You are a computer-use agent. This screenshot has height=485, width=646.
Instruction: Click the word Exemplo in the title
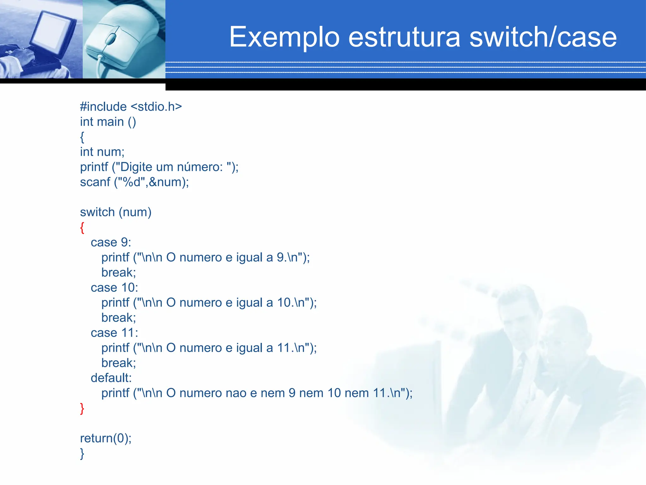[x=284, y=37]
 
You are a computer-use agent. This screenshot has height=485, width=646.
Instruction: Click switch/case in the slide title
[x=543, y=37]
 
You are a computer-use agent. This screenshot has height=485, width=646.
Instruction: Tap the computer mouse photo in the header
[x=123, y=39]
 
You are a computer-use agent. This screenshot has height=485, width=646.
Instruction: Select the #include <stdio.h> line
[x=131, y=107]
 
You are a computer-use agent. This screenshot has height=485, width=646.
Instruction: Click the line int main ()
[x=108, y=122]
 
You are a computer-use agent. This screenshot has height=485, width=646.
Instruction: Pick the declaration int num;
[x=102, y=152]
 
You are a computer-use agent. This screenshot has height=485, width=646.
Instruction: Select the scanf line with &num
[x=134, y=182]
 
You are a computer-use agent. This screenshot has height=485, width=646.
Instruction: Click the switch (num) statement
[x=116, y=212]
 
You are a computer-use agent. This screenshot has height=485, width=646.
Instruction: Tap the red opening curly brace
[x=82, y=228]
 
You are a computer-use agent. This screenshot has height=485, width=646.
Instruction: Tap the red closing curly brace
[x=82, y=409]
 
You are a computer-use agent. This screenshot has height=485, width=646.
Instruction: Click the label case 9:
[x=111, y=242]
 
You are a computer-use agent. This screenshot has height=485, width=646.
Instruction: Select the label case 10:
[x=114, y=288]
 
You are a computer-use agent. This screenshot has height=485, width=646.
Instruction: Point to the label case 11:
[x=114, y=333]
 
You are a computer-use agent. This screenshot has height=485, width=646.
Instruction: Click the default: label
[x=111, y=378]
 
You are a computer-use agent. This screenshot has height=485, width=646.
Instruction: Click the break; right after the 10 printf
[x=119, y=318]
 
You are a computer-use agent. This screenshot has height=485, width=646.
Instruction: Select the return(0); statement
[x=106, y=438]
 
